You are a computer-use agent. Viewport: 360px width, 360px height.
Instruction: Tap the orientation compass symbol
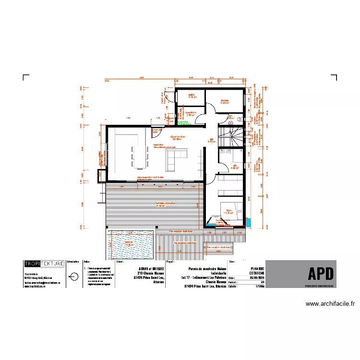pyautogui.click(x=72, y=276)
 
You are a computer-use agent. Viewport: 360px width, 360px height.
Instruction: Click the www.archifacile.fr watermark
pyautogui.click(x=330, y=303)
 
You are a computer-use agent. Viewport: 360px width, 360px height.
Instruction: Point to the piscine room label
pyautogui.click(x=128, y=243)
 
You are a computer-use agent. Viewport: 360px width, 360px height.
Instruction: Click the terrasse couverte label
pyautogui.click(x=165, y=204)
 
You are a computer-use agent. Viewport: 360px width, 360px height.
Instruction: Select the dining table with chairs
pyautogui.click(x=139, y=156)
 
